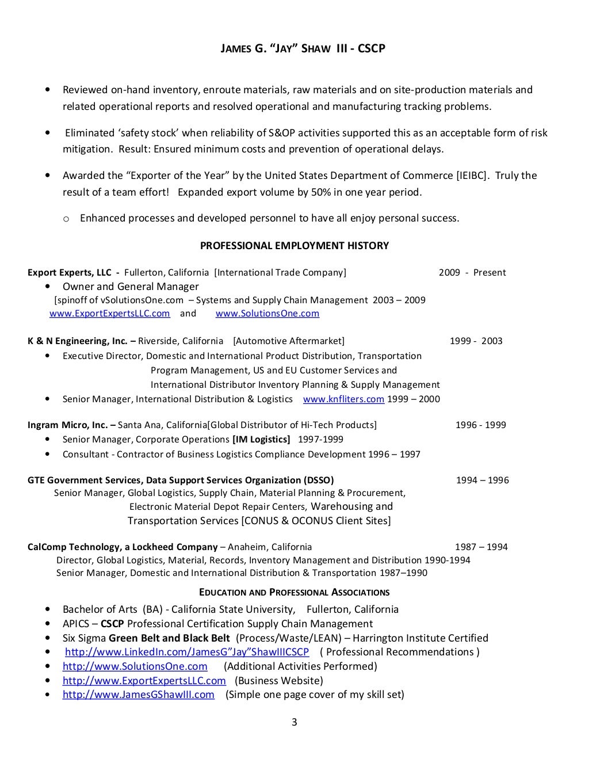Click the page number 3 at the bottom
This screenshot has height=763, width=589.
click(294, 723)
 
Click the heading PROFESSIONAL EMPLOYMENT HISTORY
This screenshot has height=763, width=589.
click(294, 246)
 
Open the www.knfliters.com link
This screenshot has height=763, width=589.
click(343, 399)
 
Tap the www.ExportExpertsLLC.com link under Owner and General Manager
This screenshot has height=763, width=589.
click(109, 314)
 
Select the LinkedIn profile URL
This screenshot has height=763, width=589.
click(187, 652)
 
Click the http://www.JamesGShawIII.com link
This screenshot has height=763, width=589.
click(138, 695)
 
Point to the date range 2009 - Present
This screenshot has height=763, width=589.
click(472, 273)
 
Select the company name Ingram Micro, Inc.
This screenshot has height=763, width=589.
click(67, 425)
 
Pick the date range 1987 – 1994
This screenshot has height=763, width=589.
click(481, 547)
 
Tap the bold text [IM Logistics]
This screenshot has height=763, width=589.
click(261, 440)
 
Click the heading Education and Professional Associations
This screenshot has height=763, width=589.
click(294, 592)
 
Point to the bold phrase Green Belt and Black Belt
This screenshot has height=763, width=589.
click(169, 638)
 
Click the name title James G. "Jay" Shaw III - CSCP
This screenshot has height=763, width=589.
click(294, 49)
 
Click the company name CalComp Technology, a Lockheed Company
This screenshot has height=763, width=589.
click(123, 547)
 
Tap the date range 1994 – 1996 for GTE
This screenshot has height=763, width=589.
click(482, 480)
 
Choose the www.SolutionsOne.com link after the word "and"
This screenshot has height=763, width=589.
click(267, 314)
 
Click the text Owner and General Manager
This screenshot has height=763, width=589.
click(131, 287)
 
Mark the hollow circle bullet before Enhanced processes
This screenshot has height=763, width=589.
click(66, 219)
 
